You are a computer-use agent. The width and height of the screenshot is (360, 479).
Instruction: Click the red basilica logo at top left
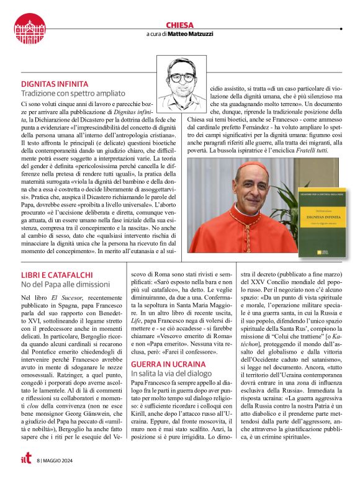tap(30, 29)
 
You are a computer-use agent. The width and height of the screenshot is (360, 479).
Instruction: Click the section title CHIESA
tap(180, 24)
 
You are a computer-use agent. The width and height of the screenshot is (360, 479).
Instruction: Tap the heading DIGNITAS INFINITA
tap(55, 83)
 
